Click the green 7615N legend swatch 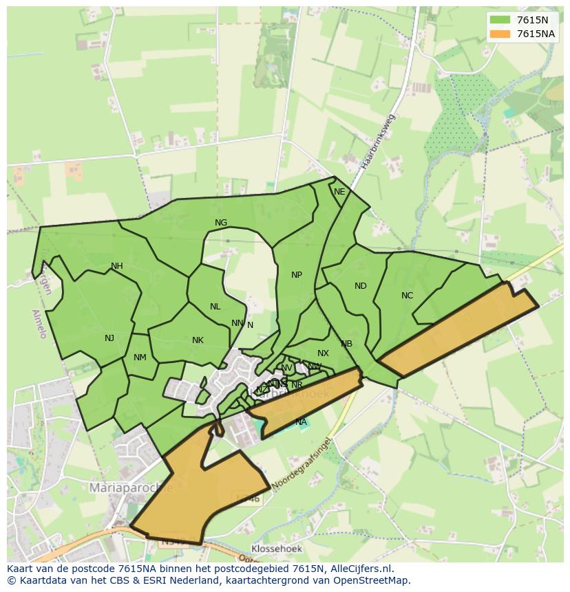(500, 20)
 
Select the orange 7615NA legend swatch (500, 34)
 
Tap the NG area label (221, 223)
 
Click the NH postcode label (117, 266)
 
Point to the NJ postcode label (109, 338)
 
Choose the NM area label (140, 357)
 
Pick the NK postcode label (198, 340)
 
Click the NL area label (215, 307)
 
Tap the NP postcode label (297, 275)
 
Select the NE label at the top (339, 192)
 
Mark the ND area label (361, 286)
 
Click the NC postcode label (407, 296)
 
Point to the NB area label (346, 344)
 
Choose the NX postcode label (323, 353)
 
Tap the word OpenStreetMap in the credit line (372, 580)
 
